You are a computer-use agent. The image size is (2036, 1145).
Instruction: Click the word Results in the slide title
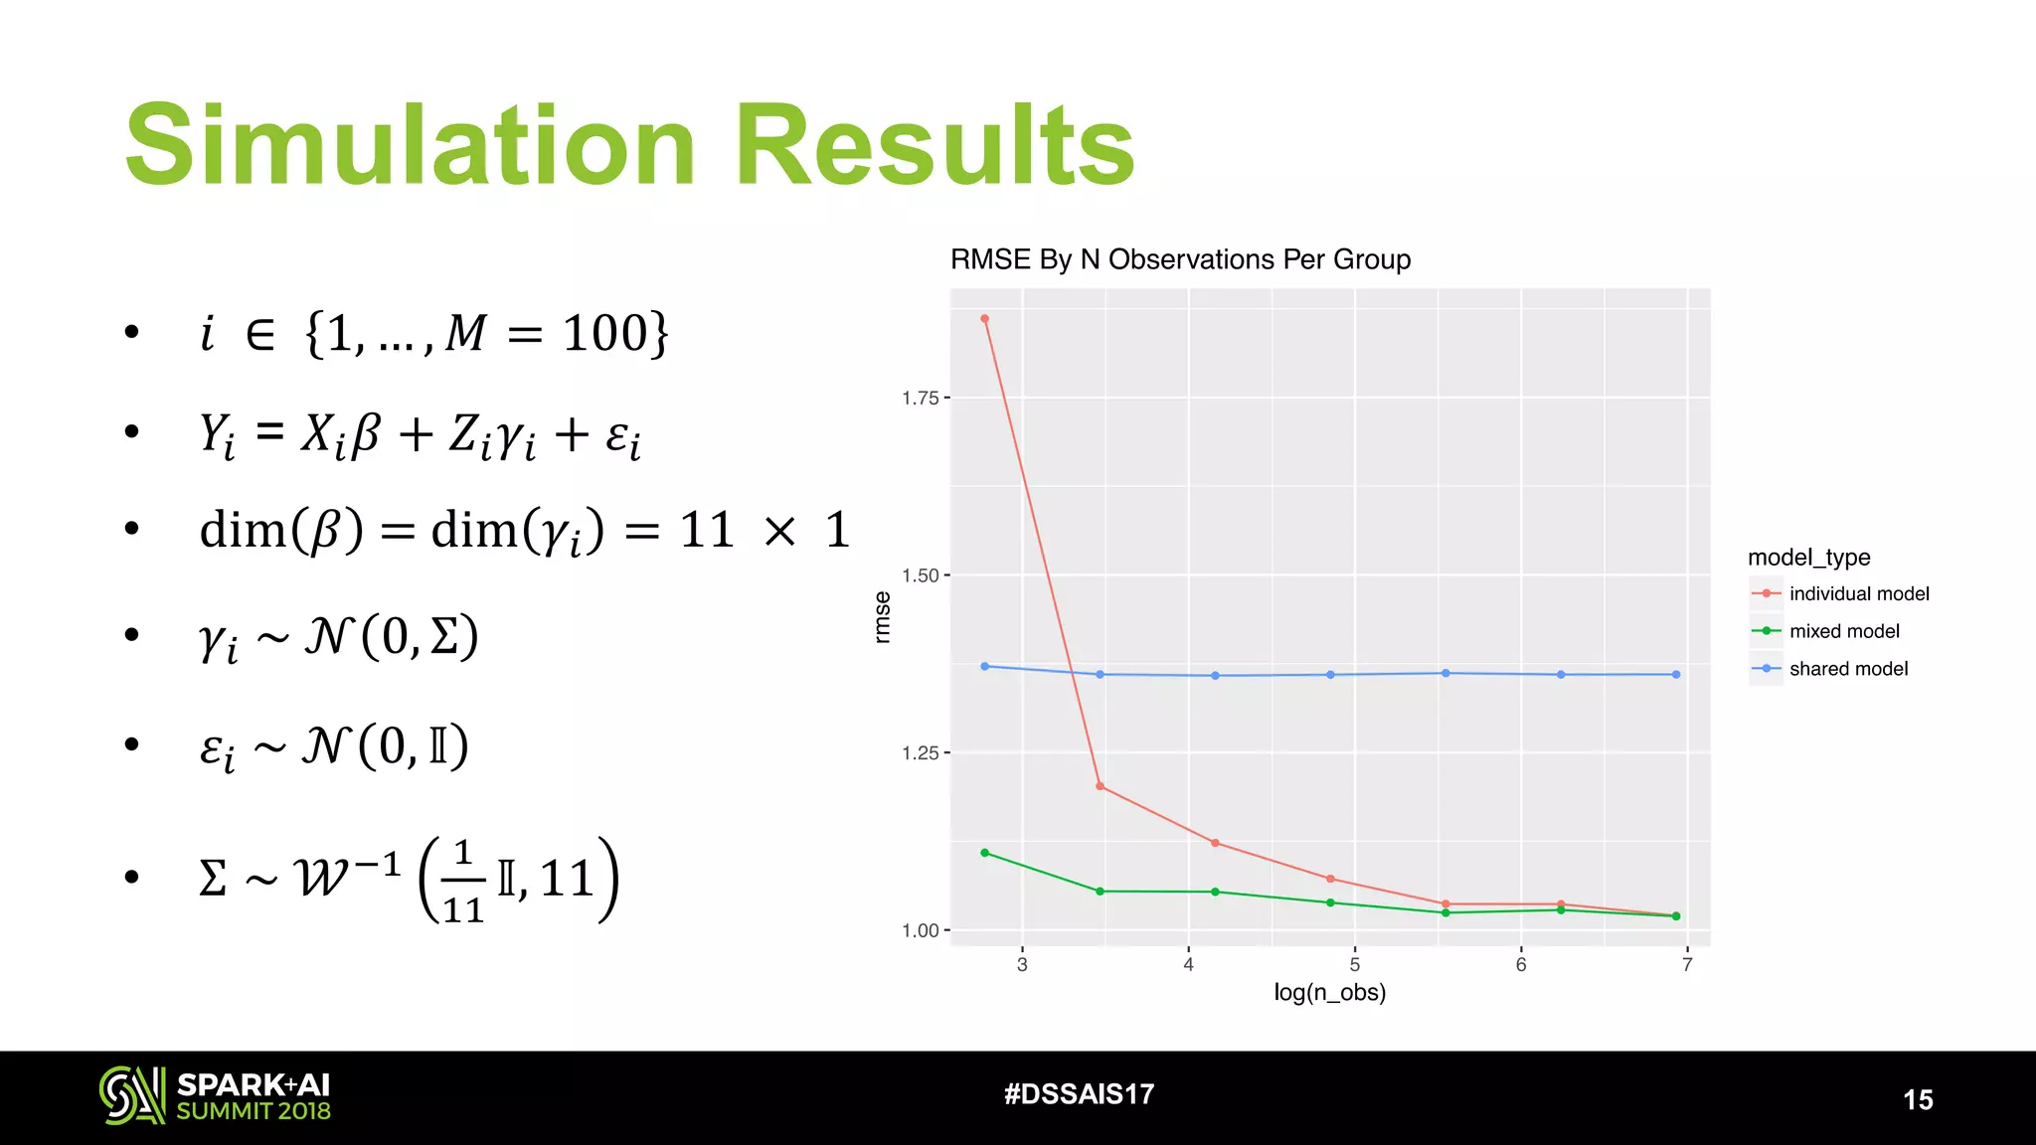click(x=933, y=146)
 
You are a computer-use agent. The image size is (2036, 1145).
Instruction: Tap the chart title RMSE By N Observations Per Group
click(x=1180, y=259)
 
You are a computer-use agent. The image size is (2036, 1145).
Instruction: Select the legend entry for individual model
click(x=1858, y=593)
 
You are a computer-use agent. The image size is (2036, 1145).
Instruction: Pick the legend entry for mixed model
click(x=1843, y=631)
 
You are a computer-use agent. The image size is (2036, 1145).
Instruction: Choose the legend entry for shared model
click(x=1848, y=669)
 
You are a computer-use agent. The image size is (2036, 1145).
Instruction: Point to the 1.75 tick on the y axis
click(x=920, y=399)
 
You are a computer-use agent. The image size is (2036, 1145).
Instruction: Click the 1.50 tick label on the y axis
click(x=920, y=575)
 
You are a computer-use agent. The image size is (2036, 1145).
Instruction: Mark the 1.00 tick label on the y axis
click(x=920, y=930)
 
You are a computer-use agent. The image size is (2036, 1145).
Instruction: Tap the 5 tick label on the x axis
click(x=1354, y=964)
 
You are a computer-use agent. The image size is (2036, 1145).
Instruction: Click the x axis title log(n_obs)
click(x=1329, y=992)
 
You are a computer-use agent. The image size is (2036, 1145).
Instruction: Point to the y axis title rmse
click(x=882, y=617)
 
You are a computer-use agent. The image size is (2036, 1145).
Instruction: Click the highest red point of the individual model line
click(x=984, y=319)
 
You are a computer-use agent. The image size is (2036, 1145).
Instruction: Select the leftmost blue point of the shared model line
click(x=984, y=666)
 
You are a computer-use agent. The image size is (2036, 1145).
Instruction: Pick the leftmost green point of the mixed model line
click(x=984, y=853)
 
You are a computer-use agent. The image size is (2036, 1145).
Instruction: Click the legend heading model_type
click(x=1808, y=558)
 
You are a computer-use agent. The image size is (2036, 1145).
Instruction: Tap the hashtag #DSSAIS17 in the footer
click(x=1079, y=1094)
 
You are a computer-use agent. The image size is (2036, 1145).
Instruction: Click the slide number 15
click(x=1918, y=1099)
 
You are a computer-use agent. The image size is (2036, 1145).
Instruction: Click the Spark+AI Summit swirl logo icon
click(x=131, y=1095)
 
